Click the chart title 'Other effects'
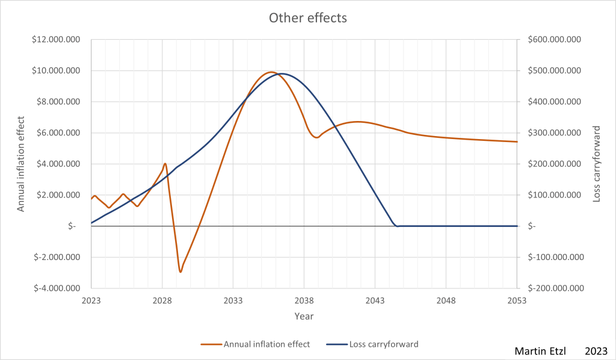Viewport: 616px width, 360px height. click(x=307, y=18)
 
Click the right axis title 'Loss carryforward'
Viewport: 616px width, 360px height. click(x=597, y=163)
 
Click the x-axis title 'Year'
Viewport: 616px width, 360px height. click(x=304, y=315)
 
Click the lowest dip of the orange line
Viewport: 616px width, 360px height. click(x=180, y=272)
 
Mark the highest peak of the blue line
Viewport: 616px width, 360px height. click(x=282, y=74)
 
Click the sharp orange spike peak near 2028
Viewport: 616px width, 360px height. click(x=165, y=163)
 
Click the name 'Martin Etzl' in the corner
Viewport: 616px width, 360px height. click(x=540, y=350)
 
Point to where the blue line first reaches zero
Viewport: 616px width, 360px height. click(x=396, y=226)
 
